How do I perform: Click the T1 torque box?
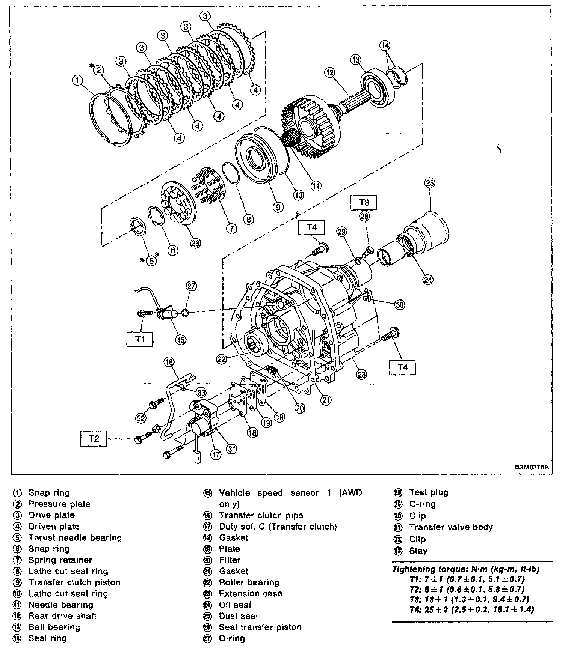[140, 339]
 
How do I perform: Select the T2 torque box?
[94, 438]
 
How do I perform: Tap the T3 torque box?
[364, 202]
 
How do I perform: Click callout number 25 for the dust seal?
[429, 183]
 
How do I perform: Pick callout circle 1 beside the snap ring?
[77, 80]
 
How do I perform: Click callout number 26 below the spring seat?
[195, 243]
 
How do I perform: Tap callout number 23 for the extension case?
[361, 373]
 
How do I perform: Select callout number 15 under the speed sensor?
[181, 340]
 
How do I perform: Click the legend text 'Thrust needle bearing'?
[75, 538]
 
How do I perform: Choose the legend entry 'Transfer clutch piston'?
[74, 582]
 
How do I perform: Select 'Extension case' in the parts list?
[251, 594]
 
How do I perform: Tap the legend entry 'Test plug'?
[429, 492]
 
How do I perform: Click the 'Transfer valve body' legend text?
[451, 527]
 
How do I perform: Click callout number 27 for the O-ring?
[192, 287]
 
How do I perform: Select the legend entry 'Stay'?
[418, 551]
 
